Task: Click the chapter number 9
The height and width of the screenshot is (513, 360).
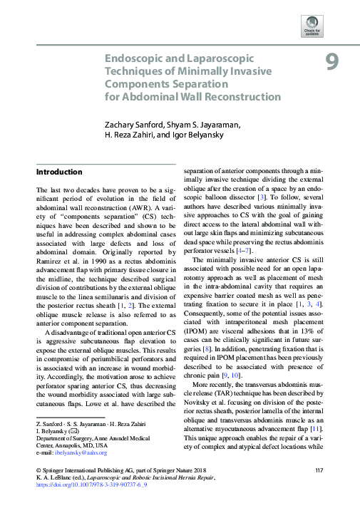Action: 332,63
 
